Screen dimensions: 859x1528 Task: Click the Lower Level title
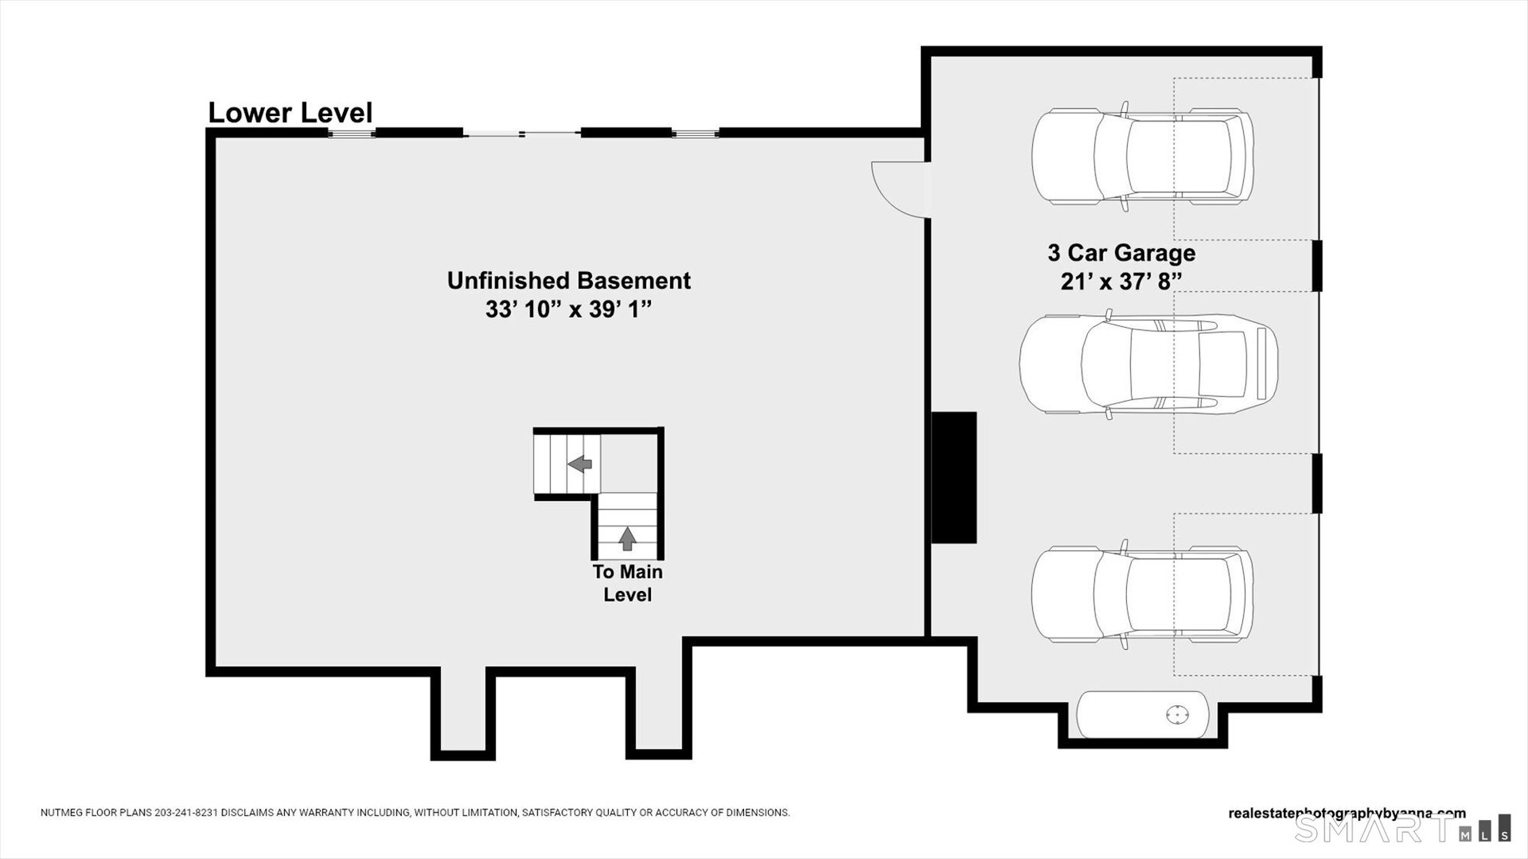tap(290, 113)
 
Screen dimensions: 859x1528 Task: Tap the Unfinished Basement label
tap(568, 281)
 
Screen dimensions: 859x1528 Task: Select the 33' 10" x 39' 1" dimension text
tap(568, 310)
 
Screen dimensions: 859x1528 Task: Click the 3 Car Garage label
tap(1121, 253)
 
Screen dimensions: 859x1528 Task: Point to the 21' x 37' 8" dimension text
tap(1121, 282)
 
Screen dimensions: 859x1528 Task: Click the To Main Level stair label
tap(627, 583)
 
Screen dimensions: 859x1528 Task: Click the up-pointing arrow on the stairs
tap(627, 538)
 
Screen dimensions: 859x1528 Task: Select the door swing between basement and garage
tap(899, 189)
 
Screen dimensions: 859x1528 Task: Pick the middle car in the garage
tap(1148, 364)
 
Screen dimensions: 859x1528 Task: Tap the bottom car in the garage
tap(1142, 594)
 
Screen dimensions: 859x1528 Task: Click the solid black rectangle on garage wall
tap(953, 477)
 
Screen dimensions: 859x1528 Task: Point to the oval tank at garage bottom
tap(1142, 715)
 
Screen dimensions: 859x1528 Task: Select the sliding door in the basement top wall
tap(521, 133)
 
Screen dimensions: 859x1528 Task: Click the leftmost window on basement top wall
tap(351, 133)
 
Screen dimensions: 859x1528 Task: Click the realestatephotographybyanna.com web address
tap(1347, 813)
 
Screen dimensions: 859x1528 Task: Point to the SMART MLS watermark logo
tap(1401, 829)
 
